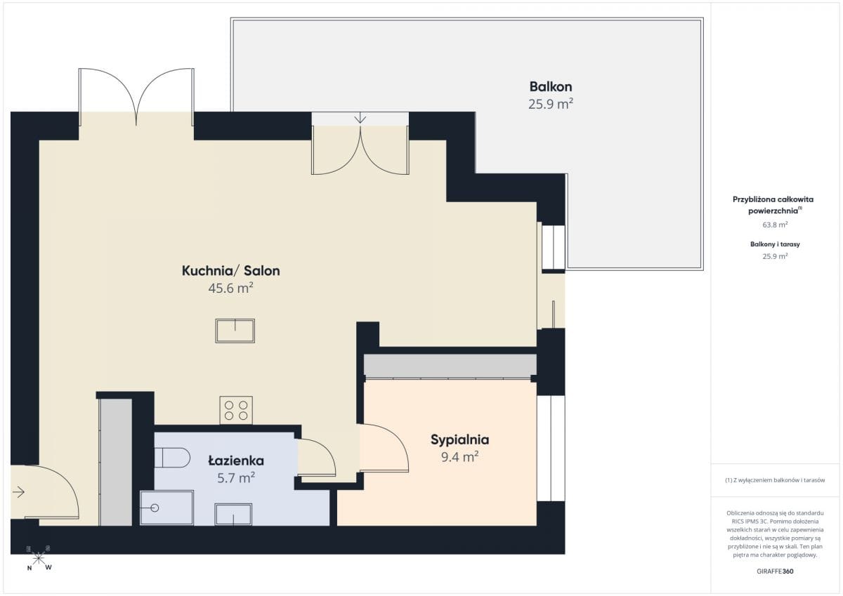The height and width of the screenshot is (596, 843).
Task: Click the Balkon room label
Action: [x=551, y=87]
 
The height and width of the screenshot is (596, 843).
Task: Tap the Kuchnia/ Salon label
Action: [x=230, y=271]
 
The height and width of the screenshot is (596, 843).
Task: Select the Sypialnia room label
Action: [x=460, y=440]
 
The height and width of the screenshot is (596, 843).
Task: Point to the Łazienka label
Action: [x=236, y=461]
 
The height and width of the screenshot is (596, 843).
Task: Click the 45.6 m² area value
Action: [x=230, y=289]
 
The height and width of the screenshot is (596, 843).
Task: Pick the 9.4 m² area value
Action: [x=460, y=457]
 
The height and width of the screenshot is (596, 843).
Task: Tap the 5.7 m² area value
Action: [x=236, y=478]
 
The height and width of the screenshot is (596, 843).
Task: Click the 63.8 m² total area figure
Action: [x=775, y=225]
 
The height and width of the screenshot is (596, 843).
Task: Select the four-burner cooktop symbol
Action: [x=236, y=410]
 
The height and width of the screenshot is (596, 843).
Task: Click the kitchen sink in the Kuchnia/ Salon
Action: [x=235, y=331]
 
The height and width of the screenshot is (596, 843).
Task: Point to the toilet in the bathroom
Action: [x=172, y=457]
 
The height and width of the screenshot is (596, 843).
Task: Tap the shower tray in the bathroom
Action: [x=166, y=508]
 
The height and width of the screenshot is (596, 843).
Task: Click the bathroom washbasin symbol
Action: [x=233, y=515]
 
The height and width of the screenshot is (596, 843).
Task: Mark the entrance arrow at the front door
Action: [x=18, y=492]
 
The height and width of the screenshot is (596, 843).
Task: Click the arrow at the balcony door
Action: [x=360, y=118]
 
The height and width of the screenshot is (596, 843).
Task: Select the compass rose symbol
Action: [x=39, y=559]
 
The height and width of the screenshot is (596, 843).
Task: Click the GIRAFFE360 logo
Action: [x=775, y=571]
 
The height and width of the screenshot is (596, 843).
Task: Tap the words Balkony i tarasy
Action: [x=775, y=244]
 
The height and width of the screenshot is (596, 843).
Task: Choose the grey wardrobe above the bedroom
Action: [x=450, y=366]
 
